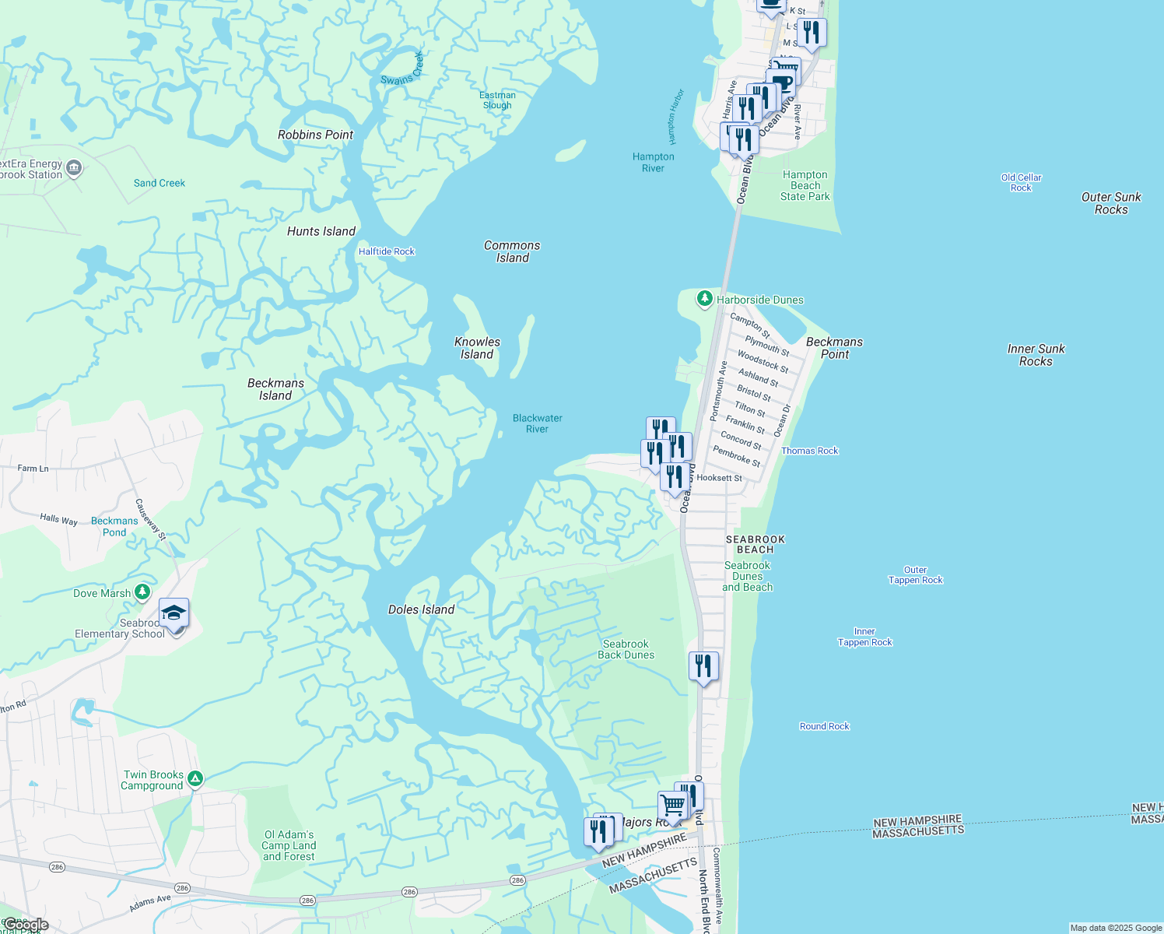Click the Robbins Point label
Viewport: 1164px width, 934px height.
(315, 135)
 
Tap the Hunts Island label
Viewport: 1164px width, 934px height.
(321, 231)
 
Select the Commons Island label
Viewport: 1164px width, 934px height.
(512, 251)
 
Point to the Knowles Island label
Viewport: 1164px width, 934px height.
(477, 348)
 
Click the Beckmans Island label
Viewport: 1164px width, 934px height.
(275, 389)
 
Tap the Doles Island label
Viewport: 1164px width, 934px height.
(421, 609)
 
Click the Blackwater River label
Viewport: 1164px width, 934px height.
(537, 423)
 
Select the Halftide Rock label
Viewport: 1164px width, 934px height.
(387, 251)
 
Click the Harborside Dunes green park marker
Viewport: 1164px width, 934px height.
(704, 299)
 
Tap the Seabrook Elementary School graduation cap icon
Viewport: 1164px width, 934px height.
(174, 614)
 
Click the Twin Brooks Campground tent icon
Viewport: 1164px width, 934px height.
(195, 778)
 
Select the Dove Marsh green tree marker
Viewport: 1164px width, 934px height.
(142, 592)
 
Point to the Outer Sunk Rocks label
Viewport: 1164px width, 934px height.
(1111, 203)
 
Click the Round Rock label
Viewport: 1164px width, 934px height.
(824, 726)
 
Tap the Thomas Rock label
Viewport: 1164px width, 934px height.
(809, 451)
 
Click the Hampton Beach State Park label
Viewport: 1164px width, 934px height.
(805, 186)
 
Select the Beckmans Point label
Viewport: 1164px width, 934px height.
(834, 348)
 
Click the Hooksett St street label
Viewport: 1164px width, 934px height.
(719, 478)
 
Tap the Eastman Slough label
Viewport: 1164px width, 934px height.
(497, 100)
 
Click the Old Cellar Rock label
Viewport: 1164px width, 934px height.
(1021, 183)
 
